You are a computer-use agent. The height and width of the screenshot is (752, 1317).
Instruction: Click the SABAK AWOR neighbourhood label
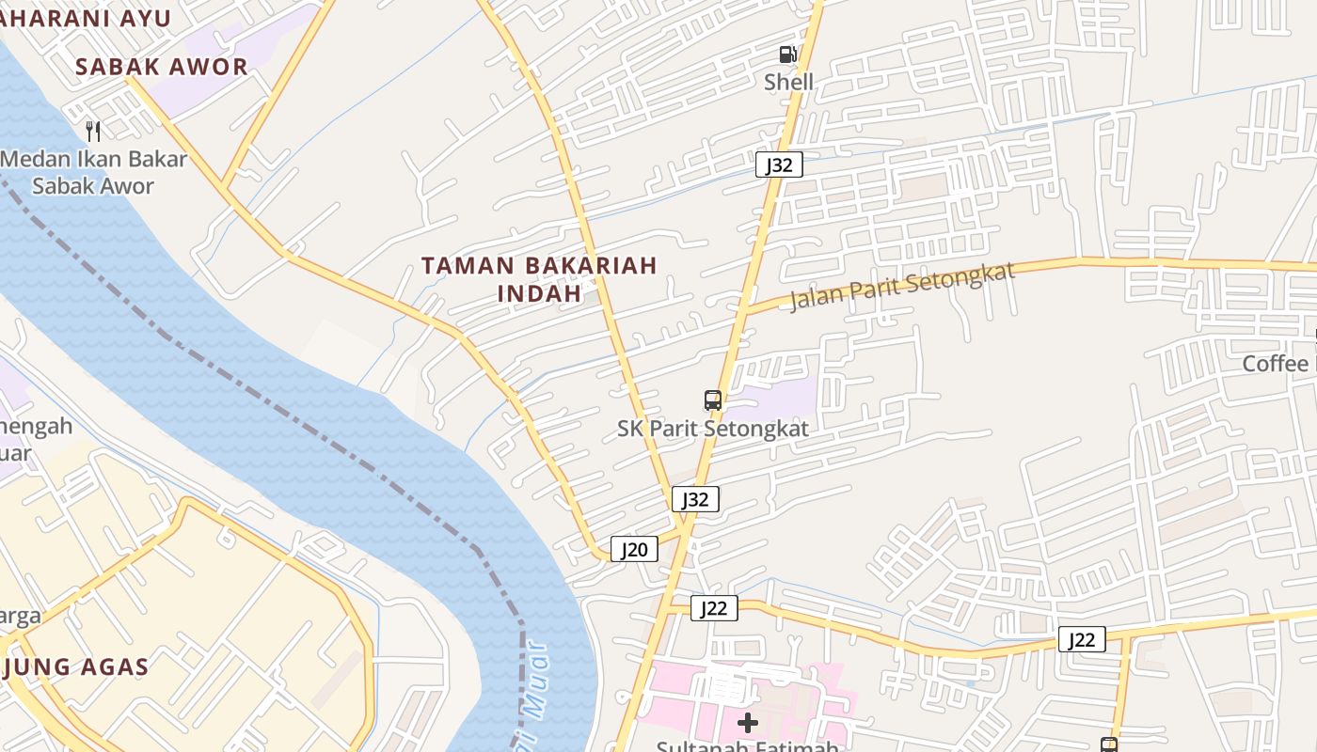pyautogui.click(x=161, y=67)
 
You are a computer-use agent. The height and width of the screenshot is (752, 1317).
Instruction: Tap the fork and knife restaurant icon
pyautogui.click(x=92, y=131)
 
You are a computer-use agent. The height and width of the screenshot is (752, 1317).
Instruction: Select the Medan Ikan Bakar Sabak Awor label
pyautogui.click(x=93, y=172)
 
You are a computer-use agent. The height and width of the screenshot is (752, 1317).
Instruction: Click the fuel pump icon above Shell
pyautogui.click(x=787, y=55)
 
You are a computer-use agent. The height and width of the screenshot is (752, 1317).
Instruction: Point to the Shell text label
pyautogui.click(x=788, y=82)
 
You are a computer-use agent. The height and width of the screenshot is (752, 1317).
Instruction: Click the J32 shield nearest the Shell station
pyautogui.click(x=779, y=165)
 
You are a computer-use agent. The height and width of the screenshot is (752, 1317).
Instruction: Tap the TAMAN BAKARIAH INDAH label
pyautogui.click(x=539, y=279)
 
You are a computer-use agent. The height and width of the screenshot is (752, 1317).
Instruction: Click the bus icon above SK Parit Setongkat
pyautogui.click(x=713, y=400)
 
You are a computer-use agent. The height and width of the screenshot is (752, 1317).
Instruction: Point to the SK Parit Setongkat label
pyautogui.click(x=713, y=429)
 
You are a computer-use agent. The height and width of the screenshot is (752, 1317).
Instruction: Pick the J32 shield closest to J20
pyautogui.click(x=695, y=499)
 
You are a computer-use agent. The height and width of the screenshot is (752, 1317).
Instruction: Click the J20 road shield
pyautogui.click(x=634, y=549)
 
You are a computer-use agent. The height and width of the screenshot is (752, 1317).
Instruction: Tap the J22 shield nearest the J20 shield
pyautogui.click(x=714, y=608)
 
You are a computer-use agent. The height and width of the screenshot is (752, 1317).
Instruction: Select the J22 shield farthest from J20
pyautogui.click(x=1081, y=639)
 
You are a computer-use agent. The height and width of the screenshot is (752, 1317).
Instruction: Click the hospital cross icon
pyautogui.click(x=748, y=722)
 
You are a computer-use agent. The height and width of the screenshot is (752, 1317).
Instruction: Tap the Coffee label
pyautogui.click(x=1276, y=364)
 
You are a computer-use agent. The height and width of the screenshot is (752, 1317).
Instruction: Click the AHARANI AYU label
pyautogui.click(x=86, y=19)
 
